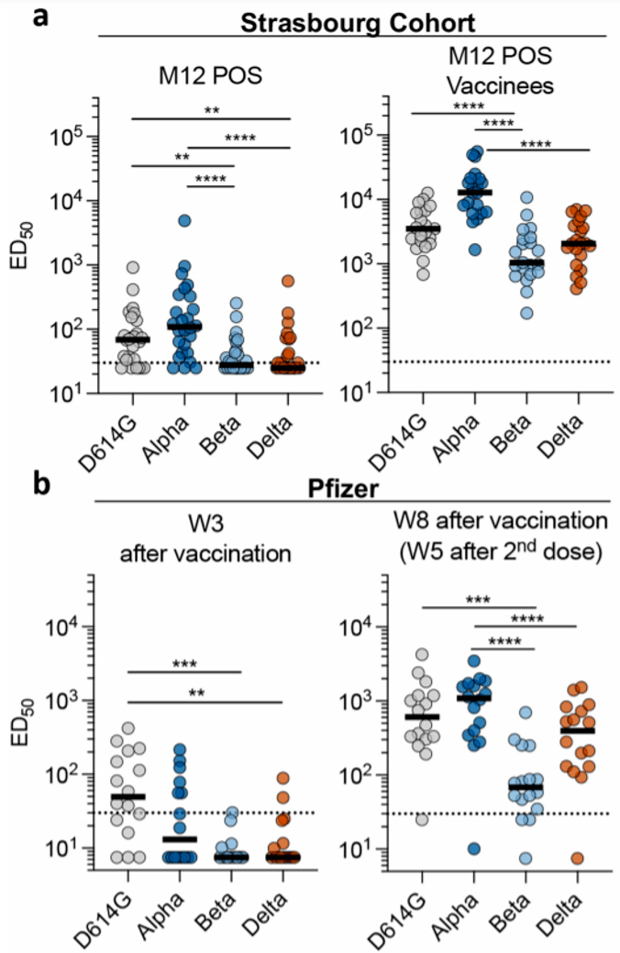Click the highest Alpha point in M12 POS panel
[184, 221]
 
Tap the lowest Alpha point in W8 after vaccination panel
[474, 848]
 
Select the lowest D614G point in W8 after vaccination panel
[422, 819]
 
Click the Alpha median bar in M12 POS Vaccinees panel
[475, 193]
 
